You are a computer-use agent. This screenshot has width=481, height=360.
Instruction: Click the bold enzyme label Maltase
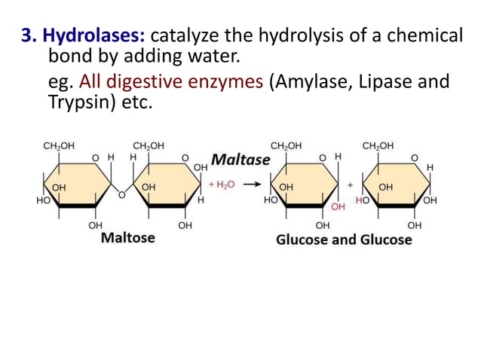point(240,160)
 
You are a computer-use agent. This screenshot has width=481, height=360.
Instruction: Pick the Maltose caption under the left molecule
point(128,237)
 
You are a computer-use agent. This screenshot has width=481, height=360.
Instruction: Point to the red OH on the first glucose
point(339,206)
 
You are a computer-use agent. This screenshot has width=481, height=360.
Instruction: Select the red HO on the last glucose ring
point(362,200)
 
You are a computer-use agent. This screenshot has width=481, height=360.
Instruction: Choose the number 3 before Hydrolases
point(23,35)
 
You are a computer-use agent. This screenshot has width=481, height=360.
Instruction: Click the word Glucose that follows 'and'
point(385,239)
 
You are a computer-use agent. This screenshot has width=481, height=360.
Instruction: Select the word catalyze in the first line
point(187,35)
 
